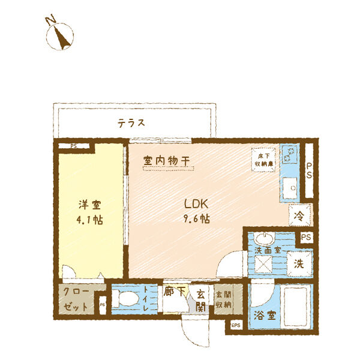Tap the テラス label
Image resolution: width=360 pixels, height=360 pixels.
[x=131, y=123]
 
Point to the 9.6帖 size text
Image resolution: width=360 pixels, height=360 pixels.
[x=196, y=218]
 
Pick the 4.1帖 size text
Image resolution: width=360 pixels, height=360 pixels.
[x=89, y=220]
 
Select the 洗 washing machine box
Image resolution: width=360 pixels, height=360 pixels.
[x=298, y=263]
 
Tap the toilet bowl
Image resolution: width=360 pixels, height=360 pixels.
[x=127, y=299]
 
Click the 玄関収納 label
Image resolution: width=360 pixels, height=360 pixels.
[x=223, y=299]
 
